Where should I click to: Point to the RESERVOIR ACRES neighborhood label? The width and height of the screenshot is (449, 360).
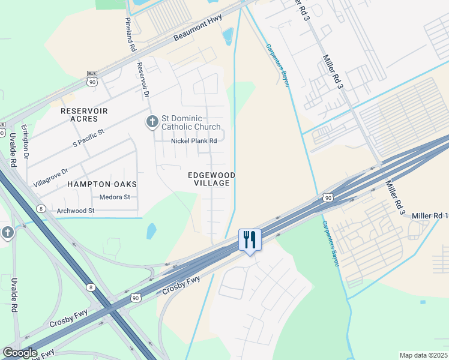tap(84, 115)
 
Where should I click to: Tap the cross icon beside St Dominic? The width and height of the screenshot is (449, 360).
tap(152, 122)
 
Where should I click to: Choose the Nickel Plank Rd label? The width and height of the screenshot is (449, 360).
tap(193, 141)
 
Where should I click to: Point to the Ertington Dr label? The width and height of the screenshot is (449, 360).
tap(26, 146)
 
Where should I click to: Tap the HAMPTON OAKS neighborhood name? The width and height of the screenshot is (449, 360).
tap(102, 184)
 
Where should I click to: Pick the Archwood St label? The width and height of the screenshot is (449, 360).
tap(76, 211)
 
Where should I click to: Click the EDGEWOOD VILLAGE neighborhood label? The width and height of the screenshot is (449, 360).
tap(211, 179)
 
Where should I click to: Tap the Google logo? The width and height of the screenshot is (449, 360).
tap(20, 353)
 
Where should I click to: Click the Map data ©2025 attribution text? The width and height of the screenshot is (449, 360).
tap(423, 355)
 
